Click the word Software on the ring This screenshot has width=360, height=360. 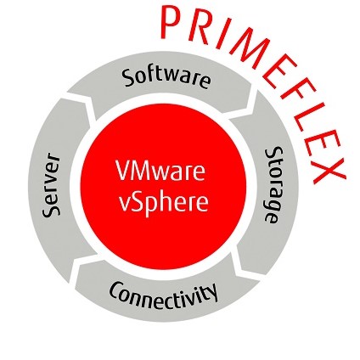[x=166, y=77]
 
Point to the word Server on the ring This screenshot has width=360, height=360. [x=51, y=185]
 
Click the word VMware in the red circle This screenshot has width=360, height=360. [x=160, y=171]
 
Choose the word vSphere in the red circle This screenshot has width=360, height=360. [x=163, y=201]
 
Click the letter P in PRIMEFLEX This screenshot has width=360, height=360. [x=171, y=22]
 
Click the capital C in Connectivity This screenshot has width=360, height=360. [x=116, y=290]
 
